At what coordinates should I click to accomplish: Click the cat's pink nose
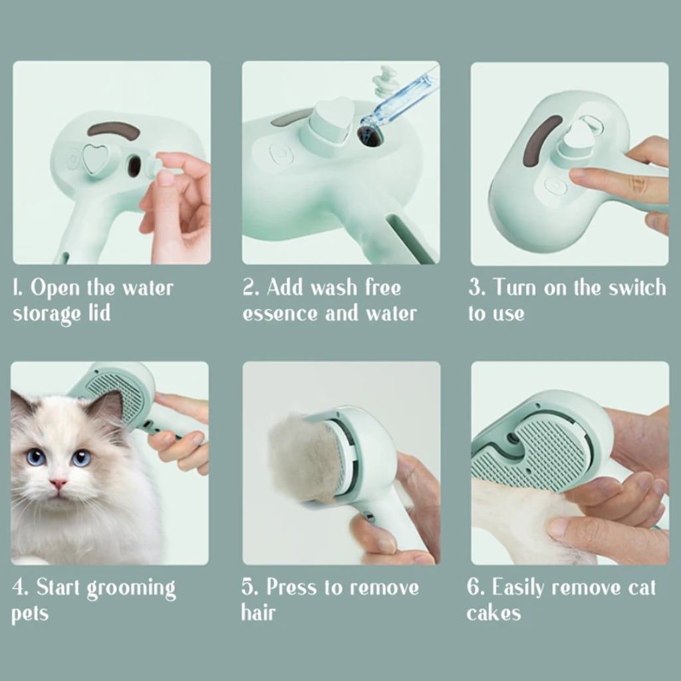[x=59, y=483]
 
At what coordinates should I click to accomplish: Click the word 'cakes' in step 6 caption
[x=493, y=613]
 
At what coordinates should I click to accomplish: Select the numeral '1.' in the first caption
[x=19, y=289]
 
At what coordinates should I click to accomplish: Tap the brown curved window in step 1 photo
[x=114, y=129]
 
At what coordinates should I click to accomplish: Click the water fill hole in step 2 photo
[x=369, y=136]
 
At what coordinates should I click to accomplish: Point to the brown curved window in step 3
[x=533, y=140]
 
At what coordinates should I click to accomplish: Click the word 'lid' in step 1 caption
[x=98, y=313]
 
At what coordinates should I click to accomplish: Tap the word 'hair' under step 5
[x=259, y=613]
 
